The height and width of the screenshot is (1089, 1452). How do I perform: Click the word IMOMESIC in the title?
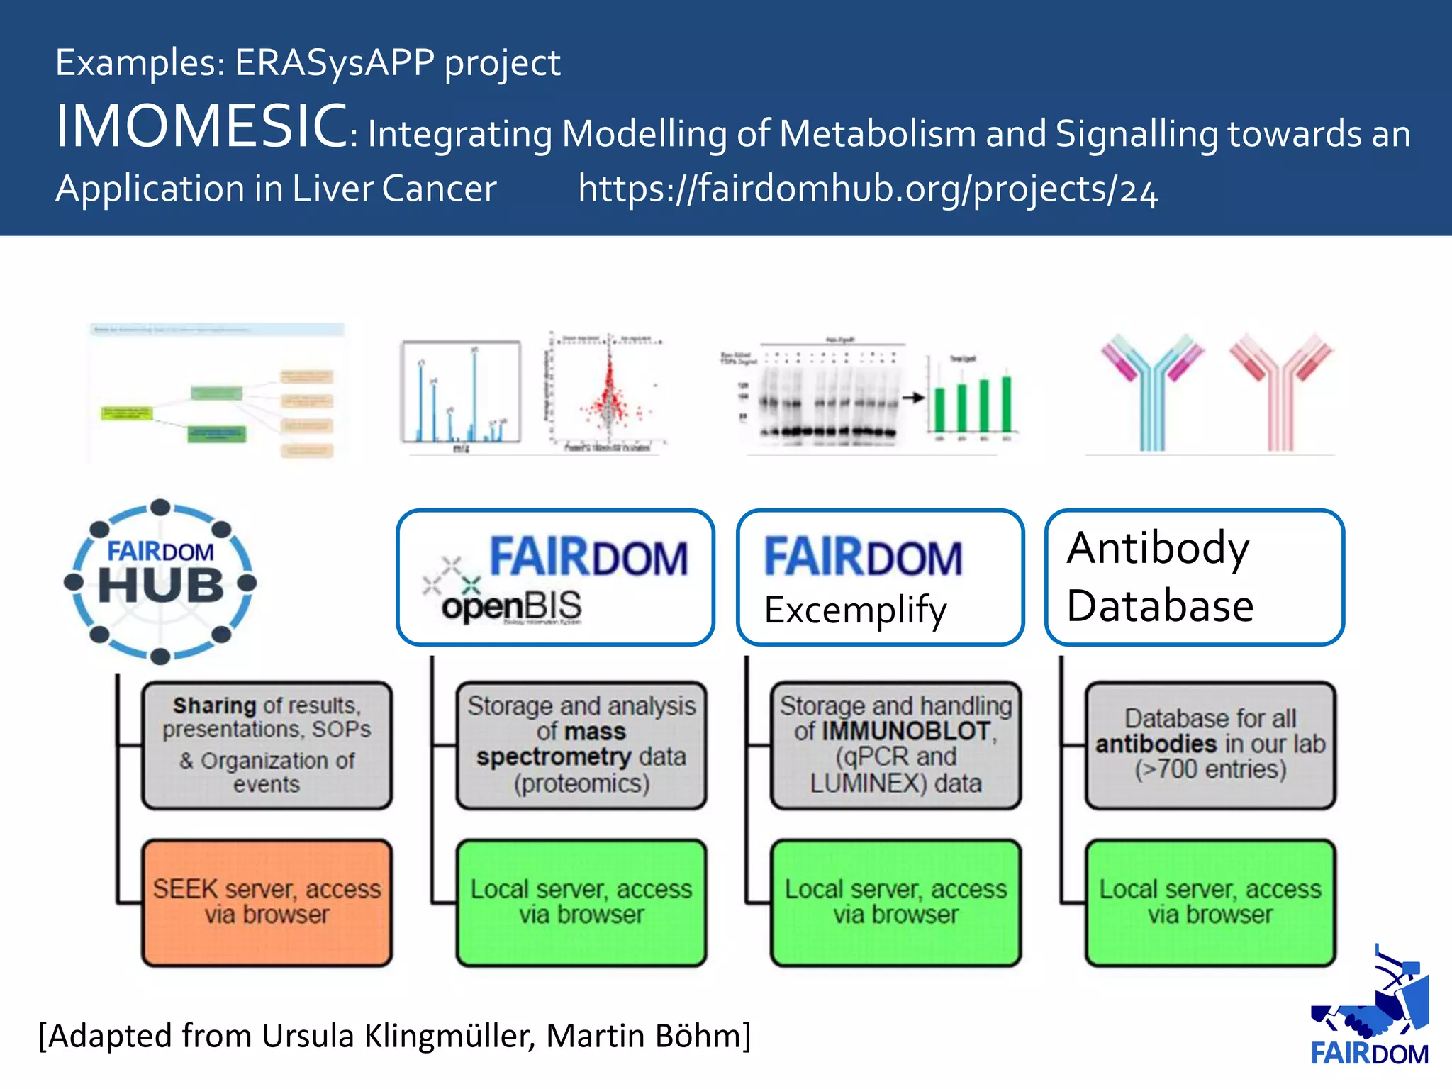(201, 126)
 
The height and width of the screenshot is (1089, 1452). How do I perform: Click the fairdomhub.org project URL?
(868, 189)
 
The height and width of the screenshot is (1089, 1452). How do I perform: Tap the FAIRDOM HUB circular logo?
(161, 581)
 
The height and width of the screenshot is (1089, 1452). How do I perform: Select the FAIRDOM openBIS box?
(555, 577)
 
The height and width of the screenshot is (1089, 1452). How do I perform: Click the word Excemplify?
(855, 610)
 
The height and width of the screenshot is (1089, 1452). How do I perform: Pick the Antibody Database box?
(1194, 577)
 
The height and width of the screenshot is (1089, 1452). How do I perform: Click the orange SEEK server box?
(267, 903)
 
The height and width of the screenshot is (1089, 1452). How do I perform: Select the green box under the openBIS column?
(581, 903)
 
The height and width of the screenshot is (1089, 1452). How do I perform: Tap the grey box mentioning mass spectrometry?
(581, 745)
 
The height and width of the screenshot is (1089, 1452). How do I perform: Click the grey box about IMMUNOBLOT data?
(895, 745)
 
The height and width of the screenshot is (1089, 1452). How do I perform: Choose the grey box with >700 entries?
(1210, 745)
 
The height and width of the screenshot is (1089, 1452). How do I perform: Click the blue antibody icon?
(1151, 390)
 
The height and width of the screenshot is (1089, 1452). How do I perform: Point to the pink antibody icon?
(1280, 390)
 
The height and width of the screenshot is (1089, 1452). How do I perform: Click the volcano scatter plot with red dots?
(608, 393)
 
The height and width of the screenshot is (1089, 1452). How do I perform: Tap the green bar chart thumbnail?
(971, 401)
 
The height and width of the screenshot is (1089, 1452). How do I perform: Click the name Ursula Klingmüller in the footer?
(397, 1036)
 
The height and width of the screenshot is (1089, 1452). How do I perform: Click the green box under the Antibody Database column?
(1210, 903)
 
